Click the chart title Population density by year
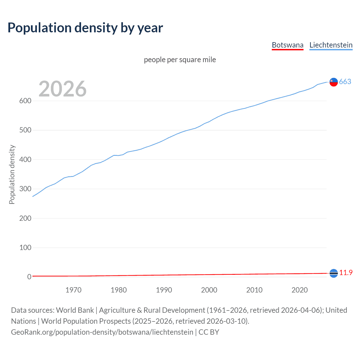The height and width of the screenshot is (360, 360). [85, 28]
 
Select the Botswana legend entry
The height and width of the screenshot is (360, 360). [287, 45]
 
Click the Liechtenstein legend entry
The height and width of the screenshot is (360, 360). [331, 45]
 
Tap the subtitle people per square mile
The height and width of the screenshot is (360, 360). [180, 60]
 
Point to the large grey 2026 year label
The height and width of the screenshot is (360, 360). [62, 89]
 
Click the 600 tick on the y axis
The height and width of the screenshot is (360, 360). [25, 101]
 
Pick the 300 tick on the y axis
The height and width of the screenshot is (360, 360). [25, 189]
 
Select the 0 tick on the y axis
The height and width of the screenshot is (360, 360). [29, 277]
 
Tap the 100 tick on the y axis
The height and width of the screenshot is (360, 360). [25, 247]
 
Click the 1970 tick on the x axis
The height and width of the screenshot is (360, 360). [73, 290]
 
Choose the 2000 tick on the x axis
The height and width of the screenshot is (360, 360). [209, 290]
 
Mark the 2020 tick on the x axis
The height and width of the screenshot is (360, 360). [300, 290]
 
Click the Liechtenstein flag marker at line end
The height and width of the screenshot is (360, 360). [334, 82]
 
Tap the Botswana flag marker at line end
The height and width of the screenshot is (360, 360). [334, 273]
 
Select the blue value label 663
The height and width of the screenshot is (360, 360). [345, 82]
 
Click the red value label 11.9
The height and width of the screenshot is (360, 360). [346, 273]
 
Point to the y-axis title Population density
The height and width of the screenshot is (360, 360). [12, 174]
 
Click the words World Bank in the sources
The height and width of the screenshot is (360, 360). [75, 310]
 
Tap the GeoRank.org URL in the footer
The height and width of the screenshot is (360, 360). [102, 332]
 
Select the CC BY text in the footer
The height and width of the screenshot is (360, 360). [209, 332]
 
